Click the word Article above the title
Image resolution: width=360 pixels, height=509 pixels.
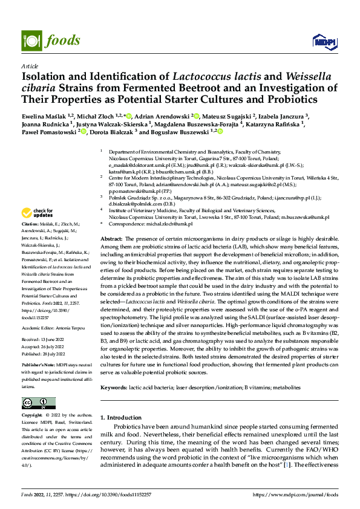point(29,66)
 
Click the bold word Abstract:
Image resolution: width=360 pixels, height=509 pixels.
point(112,257)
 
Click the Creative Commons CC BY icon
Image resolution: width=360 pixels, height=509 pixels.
point(39,403)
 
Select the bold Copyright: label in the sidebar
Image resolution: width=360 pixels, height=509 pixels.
point(33,416)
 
